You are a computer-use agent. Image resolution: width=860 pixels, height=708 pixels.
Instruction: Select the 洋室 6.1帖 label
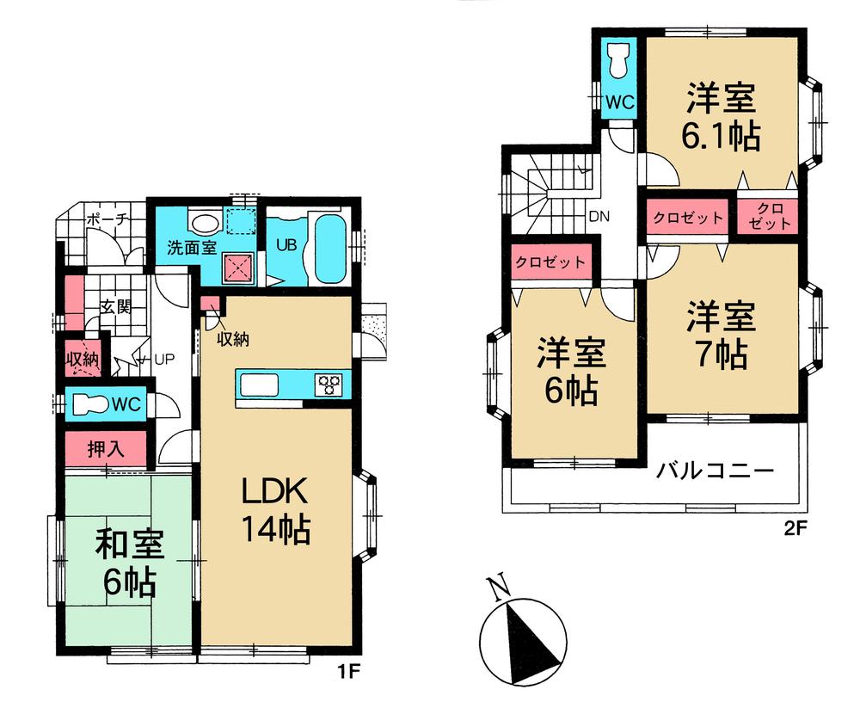[x=721, y=118]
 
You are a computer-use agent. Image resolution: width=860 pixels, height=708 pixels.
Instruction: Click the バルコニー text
[x=716, y=471]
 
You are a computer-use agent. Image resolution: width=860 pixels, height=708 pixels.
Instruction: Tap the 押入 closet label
[x=106, y=448]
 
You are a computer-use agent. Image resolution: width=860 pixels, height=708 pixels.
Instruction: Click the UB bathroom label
[x=286, y=243]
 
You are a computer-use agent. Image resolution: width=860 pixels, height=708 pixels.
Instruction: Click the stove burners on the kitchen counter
[x=328, y=384]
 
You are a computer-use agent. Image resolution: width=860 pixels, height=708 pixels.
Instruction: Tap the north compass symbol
[x=523, y=632]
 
